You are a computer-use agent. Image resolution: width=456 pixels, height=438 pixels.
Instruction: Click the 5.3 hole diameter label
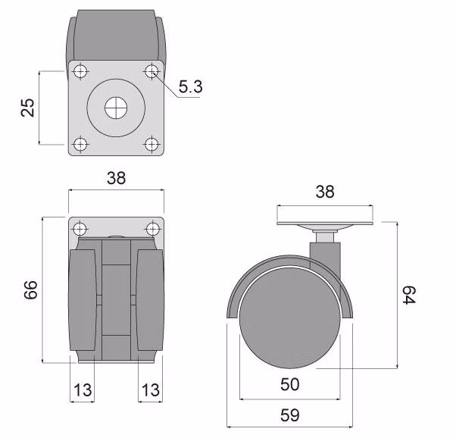tap(190, 88)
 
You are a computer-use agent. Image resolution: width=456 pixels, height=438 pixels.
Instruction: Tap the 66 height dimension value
tap(31, 290)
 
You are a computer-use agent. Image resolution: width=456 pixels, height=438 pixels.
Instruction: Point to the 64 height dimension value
tap(410, 296)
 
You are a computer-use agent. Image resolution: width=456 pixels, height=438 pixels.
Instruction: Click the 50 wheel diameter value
tap(289, 384)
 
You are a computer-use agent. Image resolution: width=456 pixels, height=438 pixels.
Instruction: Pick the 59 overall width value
tap(289, 415)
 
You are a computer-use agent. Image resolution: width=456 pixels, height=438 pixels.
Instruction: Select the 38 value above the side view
tap(325, 192)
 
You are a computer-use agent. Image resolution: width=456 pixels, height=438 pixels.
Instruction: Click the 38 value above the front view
tap(116, 178)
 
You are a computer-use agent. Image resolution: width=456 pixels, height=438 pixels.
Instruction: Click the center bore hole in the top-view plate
tap(116, 108)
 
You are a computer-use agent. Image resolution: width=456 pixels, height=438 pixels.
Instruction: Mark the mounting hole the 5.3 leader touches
tap(152, 72)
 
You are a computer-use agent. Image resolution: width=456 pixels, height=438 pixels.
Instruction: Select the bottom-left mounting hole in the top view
tap(80, 143)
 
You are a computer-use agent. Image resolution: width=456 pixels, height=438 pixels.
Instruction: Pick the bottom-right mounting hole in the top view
tap(152, 143)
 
